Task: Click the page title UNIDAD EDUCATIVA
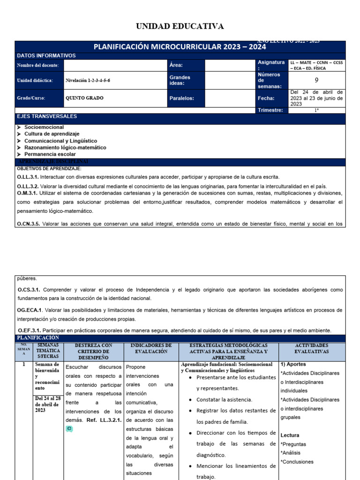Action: pos(180,26)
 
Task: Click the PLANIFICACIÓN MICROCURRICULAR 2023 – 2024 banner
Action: pos(180,47)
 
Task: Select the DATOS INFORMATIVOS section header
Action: pos(46,56)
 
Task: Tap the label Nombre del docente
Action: pos(39,66)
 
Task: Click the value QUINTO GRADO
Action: pos(84,98)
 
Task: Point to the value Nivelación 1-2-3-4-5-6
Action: pos(88,80)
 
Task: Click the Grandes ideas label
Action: pos(180,80)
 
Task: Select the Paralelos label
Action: pos(181,98)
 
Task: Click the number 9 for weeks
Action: pos(316,80)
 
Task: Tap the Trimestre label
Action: pos(270,110)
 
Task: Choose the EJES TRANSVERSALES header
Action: pos(47,116)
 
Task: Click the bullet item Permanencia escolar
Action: pos(50,154)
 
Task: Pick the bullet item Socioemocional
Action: pos(44,127)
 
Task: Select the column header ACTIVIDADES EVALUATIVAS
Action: pos(312,348)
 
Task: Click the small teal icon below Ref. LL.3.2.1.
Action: pos(69,428)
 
